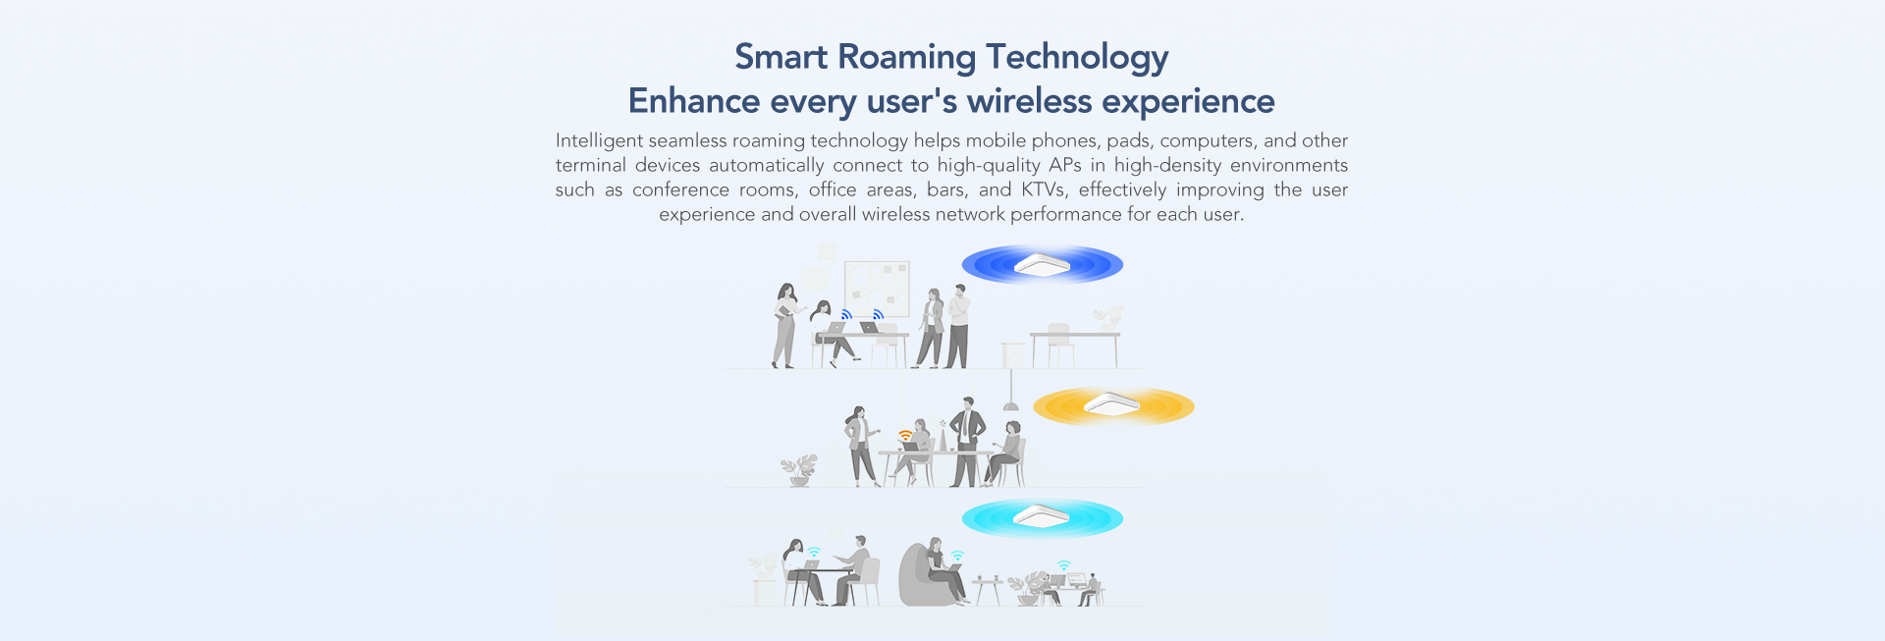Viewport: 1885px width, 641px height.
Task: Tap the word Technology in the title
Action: point(1077,58)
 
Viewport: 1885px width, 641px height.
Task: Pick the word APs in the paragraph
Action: point(1065,165)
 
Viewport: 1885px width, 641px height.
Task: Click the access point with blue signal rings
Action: point(1042,264)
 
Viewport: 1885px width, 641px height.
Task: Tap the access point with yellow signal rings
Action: point(1112,404)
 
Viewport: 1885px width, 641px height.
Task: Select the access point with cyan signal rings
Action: point(1042,516)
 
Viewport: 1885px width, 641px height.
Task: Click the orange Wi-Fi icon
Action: point(905,435)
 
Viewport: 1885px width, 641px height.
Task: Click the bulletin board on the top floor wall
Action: point(877,289)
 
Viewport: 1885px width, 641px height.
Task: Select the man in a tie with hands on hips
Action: point(968,442)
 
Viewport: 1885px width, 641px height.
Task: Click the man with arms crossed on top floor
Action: point(957,326)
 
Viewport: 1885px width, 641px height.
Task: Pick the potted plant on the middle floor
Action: point(799,470)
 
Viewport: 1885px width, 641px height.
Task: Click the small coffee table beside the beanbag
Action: point(988,590)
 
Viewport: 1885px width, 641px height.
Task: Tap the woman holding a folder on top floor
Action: point(784,325)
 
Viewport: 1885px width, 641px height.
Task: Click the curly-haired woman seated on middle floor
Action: point(1005,454)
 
